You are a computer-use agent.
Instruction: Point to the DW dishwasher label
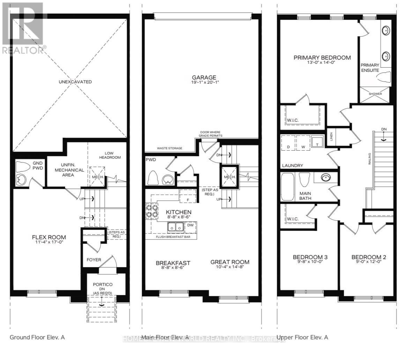coord(191,225)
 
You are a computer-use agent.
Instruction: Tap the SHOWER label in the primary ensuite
coord(375,94)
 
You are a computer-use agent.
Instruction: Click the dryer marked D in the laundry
coord(288,147)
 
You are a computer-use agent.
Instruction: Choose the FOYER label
coord(94,260)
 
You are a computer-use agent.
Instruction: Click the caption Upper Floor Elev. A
coord(302,337)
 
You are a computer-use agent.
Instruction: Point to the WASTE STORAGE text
coord(169,148)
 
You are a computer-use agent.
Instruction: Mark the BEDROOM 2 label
coord(369,257)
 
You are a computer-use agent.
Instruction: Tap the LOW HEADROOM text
coord(112,155)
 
